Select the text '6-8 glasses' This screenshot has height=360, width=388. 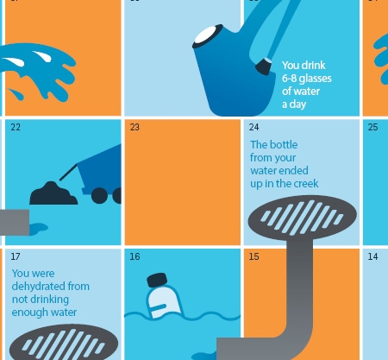307,79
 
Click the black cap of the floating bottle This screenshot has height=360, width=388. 157,280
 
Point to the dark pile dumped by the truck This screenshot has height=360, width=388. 53,193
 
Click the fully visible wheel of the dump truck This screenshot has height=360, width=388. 99,195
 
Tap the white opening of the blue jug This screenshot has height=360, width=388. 208,35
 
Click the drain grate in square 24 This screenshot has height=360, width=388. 303,217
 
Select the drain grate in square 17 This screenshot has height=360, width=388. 64,343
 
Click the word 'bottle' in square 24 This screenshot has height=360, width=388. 285,145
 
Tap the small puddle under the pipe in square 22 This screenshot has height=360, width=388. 39,229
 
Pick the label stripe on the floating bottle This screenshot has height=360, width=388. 159,307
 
